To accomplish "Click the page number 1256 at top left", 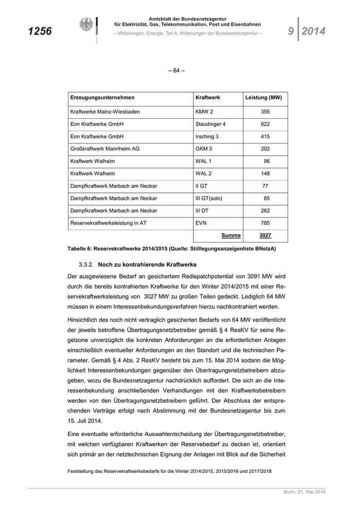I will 40,31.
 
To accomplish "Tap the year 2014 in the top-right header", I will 314,31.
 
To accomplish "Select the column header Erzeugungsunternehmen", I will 102,98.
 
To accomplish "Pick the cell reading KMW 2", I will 204,112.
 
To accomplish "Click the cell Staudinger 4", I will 210,124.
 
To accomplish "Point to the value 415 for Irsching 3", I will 265,136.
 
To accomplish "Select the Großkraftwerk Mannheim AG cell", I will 105,149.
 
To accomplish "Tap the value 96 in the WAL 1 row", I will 266,161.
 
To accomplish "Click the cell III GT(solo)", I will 209,198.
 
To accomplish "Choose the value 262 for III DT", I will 265,210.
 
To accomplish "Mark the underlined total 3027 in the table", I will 265,235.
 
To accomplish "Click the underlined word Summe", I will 231,235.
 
